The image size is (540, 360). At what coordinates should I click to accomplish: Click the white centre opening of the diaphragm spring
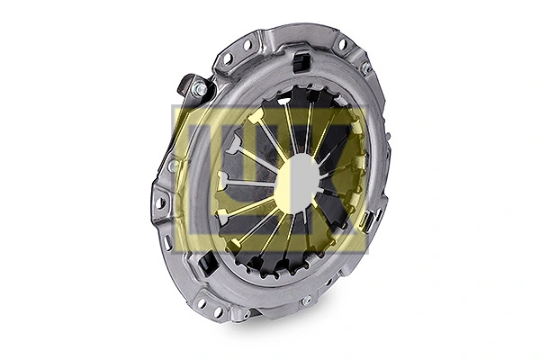[297, 179]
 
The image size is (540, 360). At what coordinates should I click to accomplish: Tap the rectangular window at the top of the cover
[301, 62]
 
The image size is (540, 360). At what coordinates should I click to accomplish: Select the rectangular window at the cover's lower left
[207, 264]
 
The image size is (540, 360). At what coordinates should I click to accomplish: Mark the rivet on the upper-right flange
[365, 67]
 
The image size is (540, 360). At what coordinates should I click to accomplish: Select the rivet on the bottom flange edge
[308, 300]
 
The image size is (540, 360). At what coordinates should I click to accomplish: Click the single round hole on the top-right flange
[342, 43]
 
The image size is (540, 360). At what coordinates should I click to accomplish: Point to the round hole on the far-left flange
[161, 203]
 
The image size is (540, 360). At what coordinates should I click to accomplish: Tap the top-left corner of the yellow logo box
[172, 107]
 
